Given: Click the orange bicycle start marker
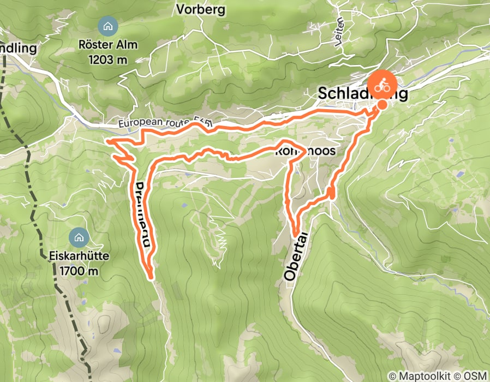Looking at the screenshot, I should (x=382, y=85).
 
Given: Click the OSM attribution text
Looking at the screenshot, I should (x=475, y=376).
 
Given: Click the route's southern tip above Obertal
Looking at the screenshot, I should (x=296, y=235).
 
